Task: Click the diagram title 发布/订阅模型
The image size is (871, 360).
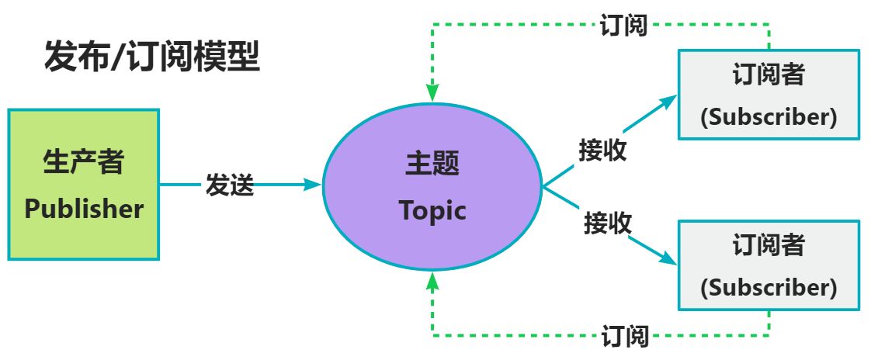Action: click(x=152, y=58)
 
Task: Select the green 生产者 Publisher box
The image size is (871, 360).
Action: click(x=84, y=184)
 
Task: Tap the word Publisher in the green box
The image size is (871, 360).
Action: click(x=84, y=209)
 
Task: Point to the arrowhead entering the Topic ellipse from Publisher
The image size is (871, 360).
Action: click(x=314, y=185)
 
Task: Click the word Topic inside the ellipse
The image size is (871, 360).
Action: click(x=432, y=210)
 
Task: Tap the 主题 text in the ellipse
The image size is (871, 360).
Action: click(x=432, y=164)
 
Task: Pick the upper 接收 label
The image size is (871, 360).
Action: click(x=602, y=150)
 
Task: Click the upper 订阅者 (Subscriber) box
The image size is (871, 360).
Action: click(x=769, y=95)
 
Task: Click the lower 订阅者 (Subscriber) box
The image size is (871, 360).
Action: click(x=769, y=266)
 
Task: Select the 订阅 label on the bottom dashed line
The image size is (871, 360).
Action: click(x=625, y=337)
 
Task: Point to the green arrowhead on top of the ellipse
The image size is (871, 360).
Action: click(x=432, y=93)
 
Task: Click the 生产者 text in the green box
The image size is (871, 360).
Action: click(x=84, y=162)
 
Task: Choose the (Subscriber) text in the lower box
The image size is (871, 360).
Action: click(x=769, y=288)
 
